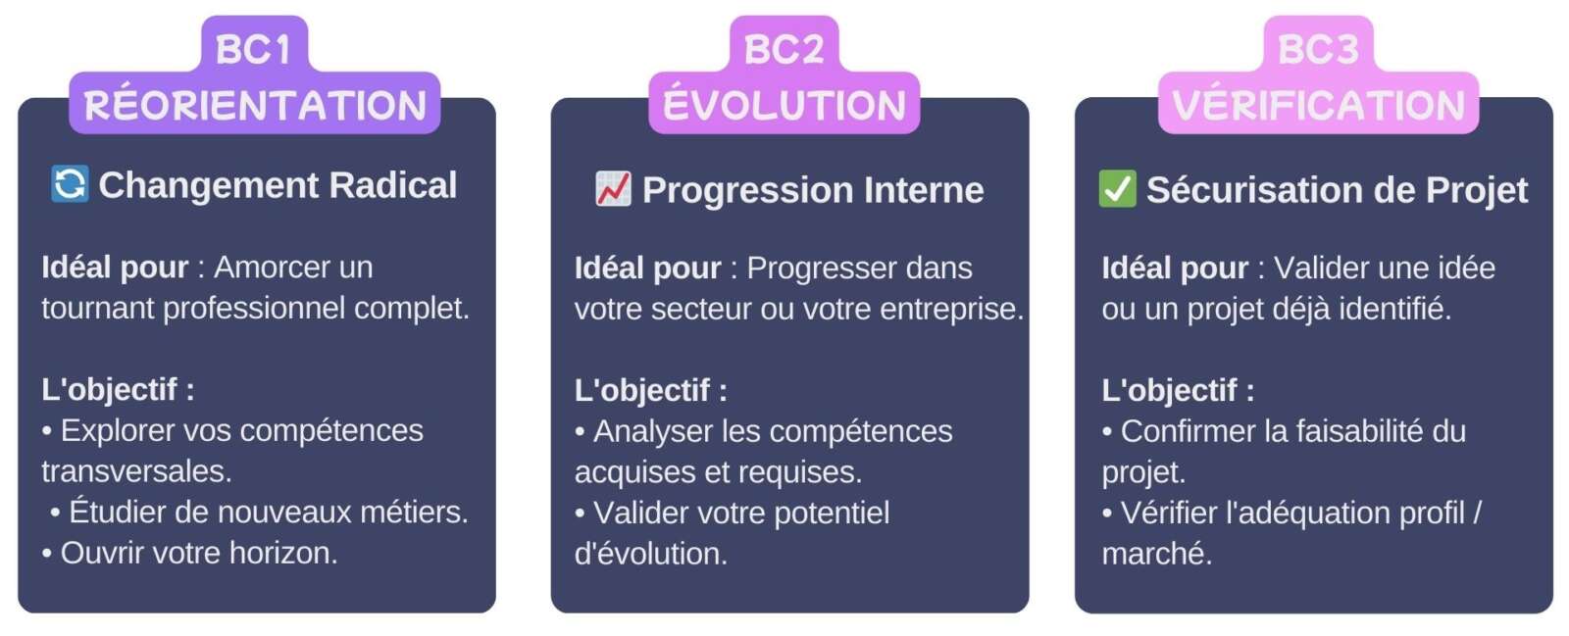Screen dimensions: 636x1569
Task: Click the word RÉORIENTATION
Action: (x=255, y=106)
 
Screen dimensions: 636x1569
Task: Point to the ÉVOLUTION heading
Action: (x=784, y=106)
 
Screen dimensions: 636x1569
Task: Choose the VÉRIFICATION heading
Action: (x=1318, y=106)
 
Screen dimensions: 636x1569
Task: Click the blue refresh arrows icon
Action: (x=70, y=184)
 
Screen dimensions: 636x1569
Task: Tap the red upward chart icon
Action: (x=614, y=189)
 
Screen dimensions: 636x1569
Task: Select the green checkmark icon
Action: (x=1117, y=189)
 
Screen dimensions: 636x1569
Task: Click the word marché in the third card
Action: (x=1155, y=554)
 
